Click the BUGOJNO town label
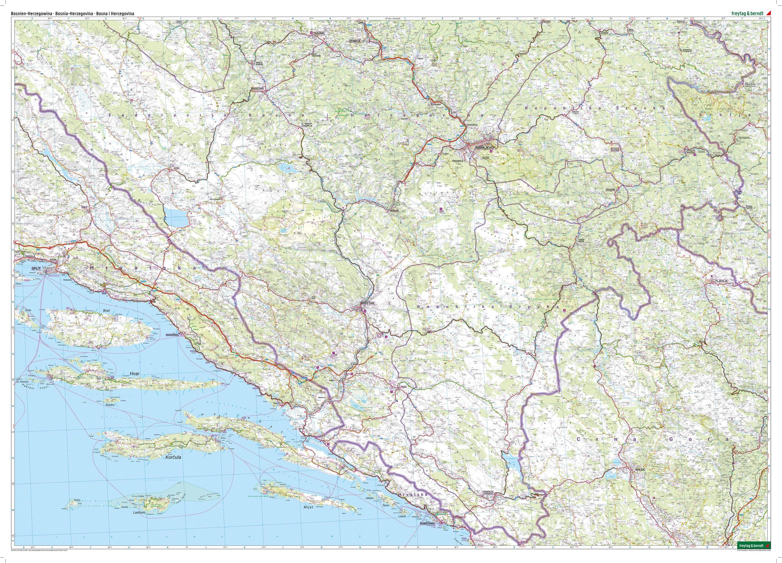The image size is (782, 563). (258, 89)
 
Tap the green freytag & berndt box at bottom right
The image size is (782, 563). (753, 555)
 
